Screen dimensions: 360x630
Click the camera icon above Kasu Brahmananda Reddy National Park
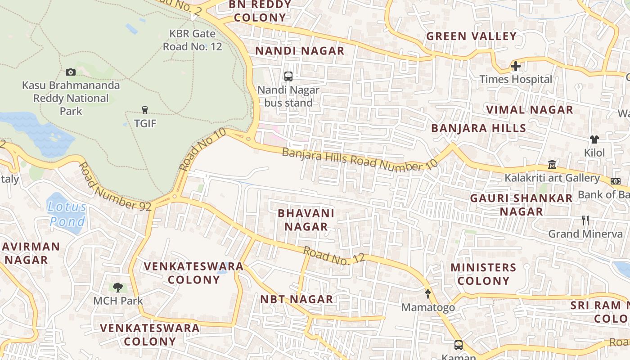[71, 72]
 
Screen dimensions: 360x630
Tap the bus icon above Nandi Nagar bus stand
[288, 76]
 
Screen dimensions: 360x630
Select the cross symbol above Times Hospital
[516, 67]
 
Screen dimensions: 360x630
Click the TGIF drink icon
[144, 110]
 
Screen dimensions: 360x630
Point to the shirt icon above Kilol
[594, 139]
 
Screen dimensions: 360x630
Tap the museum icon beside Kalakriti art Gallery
[552, 165]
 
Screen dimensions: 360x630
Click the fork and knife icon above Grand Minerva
[585, 220]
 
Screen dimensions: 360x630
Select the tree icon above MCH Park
[118, 287]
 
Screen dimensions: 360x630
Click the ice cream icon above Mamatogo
[428, 294]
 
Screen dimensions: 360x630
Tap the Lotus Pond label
[67, 214]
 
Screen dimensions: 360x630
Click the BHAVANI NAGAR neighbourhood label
[306, 220]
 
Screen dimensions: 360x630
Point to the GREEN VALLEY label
[471, 36]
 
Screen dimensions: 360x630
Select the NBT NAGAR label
[297, 299]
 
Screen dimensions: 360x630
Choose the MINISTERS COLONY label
[483, 274]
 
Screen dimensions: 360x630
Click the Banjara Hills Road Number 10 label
[360, 159]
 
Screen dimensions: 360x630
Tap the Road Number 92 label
[115, 187]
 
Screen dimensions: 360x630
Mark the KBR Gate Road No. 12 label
[193, 40]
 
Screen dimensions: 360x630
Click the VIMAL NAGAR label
[530, 110]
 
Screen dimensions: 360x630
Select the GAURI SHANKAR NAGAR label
[521, 205]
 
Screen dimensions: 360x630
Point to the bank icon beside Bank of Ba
[616, 181]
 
